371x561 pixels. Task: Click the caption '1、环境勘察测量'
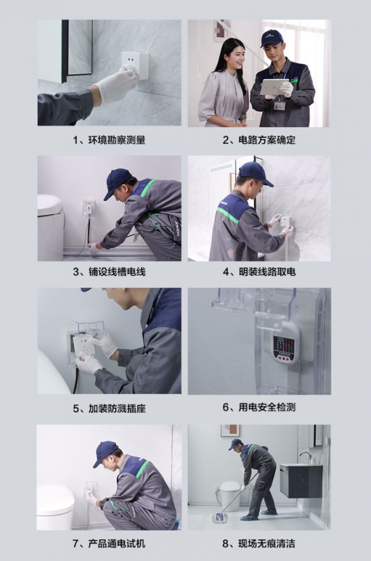tap(109, 140)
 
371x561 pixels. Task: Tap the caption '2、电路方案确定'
tap(259, 140)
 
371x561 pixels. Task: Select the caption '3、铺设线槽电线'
tap(109, 272)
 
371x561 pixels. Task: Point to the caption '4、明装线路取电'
tap(259, 272)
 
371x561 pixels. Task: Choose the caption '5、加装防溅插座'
tap(109, 408)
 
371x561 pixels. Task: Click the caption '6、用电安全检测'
tap(259, 407)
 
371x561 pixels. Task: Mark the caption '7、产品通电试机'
tap(109, 544)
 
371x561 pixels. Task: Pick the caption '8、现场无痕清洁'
tap(259, 544)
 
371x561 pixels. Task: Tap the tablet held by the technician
tap(274, 87)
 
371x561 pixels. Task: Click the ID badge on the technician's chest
tap(279, 106)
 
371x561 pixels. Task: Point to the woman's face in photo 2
tap(234, 56)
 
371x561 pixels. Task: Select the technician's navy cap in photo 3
tap(117, 182)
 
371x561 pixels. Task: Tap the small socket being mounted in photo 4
tap(286, 221)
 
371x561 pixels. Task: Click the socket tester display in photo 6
tap(284, 345)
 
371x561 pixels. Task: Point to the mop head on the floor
tap(219, 518)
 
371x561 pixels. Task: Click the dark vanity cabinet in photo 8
tap(301, 481)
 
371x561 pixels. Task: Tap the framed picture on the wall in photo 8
tap(230, 431)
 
